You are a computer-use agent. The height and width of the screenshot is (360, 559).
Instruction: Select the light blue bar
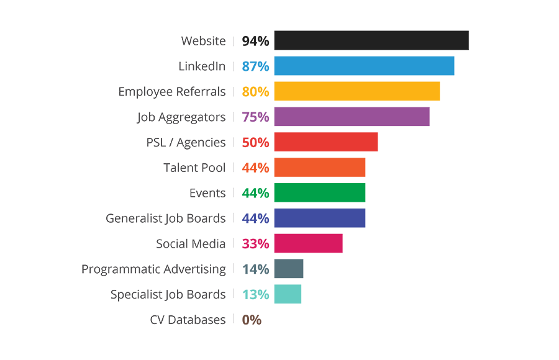348,66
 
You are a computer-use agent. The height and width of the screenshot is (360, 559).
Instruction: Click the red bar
311,141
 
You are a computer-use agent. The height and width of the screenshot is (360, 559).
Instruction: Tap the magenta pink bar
292,243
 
